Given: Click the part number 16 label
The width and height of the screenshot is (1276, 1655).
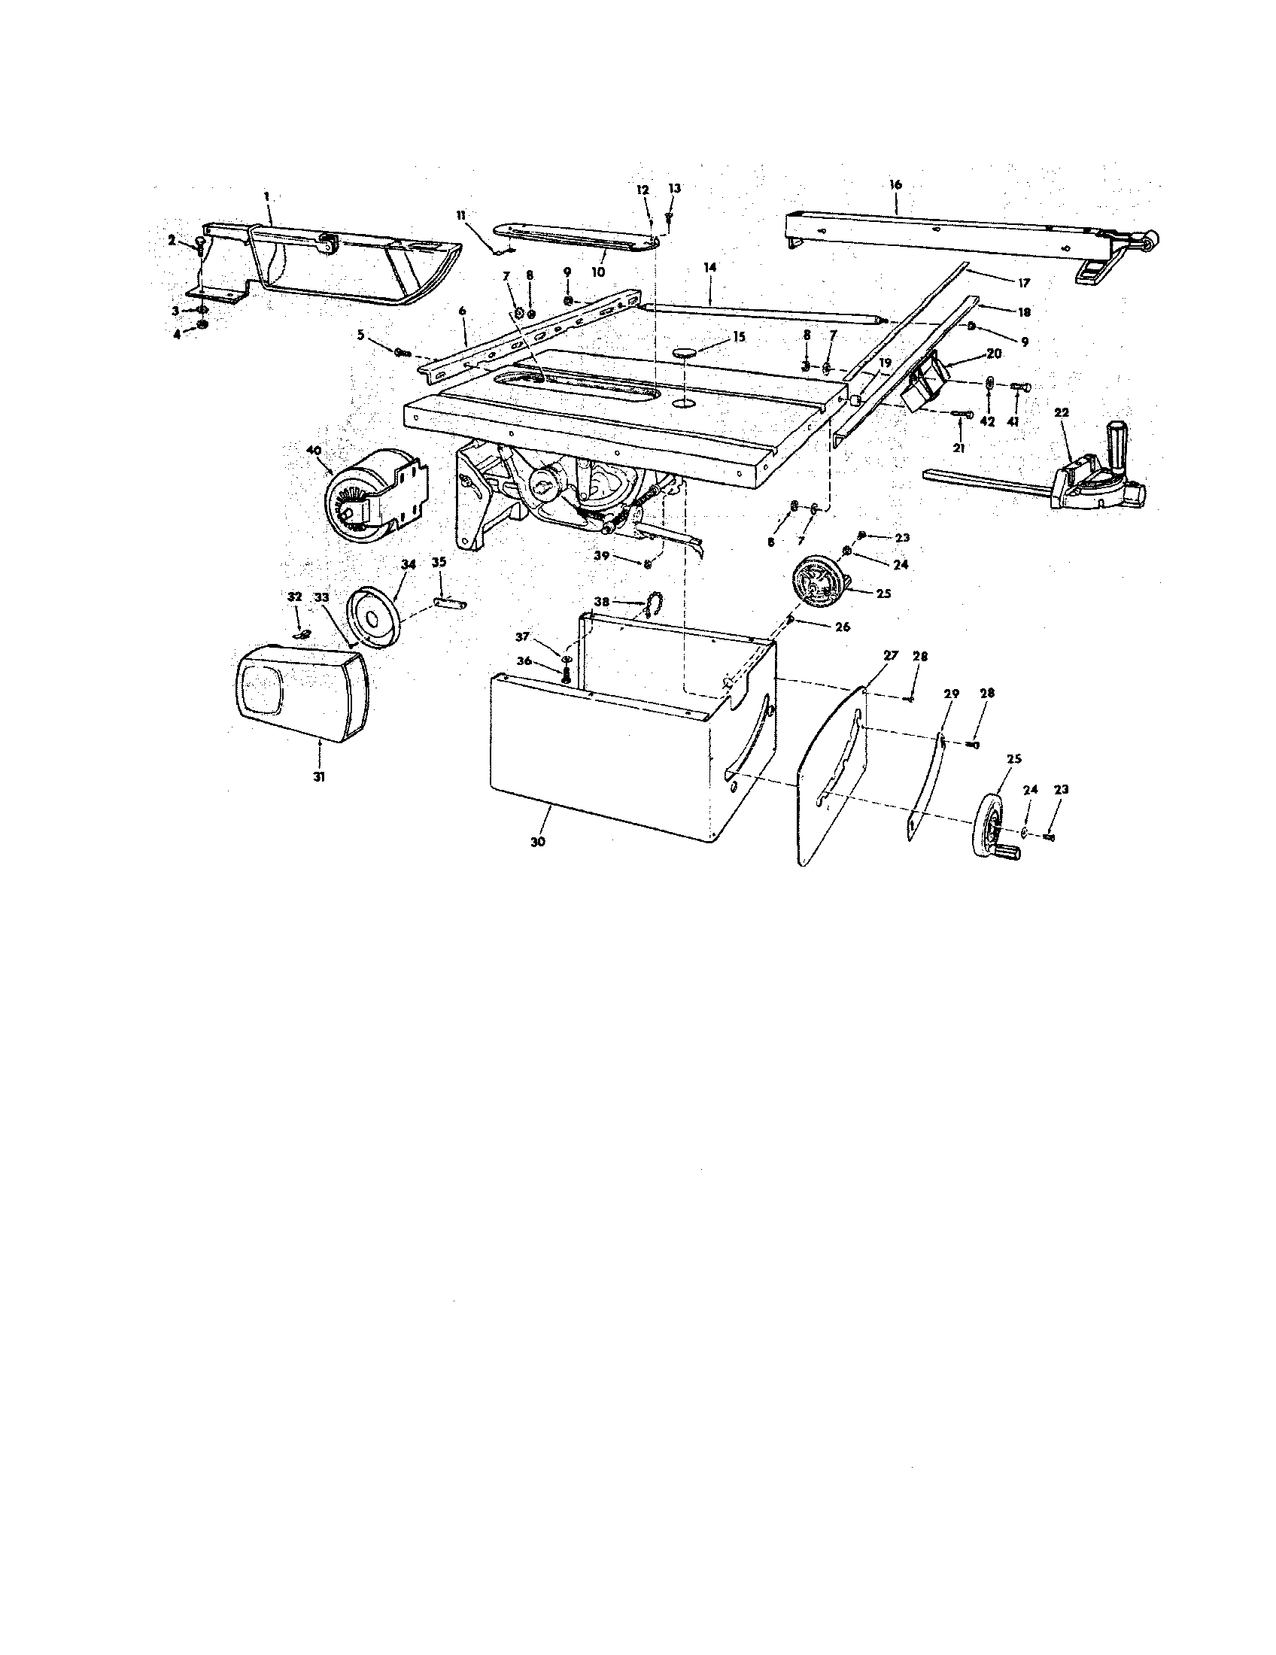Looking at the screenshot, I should click(x=895, y=185).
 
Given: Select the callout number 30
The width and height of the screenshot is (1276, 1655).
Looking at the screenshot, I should click(x=538, y=842).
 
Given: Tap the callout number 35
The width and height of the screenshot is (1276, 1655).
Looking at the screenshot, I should click(x=439, y=562).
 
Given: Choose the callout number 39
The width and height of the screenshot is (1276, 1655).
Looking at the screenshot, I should click(x=602, y=555).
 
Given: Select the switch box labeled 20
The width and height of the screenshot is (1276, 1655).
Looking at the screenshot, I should click(x=927, y=383).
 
